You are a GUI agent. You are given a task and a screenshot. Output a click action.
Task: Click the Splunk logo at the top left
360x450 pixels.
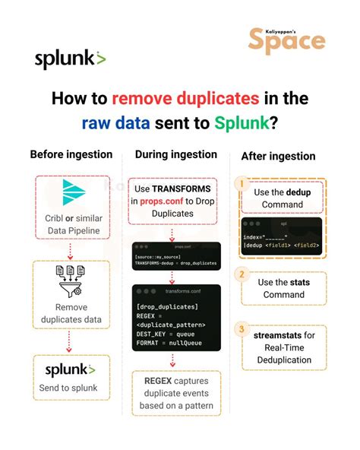(x=70, y=58)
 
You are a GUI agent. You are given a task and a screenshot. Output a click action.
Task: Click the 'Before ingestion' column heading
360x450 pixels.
(x=71, y=154)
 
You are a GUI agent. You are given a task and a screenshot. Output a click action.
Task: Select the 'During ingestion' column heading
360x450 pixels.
(x=175, y=154)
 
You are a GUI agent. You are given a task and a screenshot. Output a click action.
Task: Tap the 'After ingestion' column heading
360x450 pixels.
(x=278, y=156)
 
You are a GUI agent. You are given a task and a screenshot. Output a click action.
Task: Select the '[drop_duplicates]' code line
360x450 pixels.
(x=167, y=306)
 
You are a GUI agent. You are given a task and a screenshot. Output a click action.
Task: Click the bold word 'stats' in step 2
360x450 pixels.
(x=299, y=282)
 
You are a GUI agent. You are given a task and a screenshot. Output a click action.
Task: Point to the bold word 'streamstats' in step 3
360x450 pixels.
(x=273, y=334)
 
